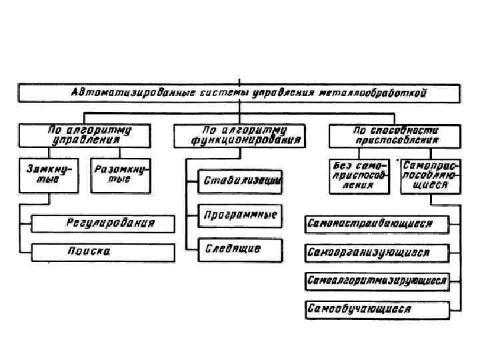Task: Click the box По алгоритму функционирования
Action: click(238, 135)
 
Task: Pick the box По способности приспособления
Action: click(395, 135)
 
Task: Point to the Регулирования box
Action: click(103, 223)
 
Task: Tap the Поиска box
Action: click(103, 251)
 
